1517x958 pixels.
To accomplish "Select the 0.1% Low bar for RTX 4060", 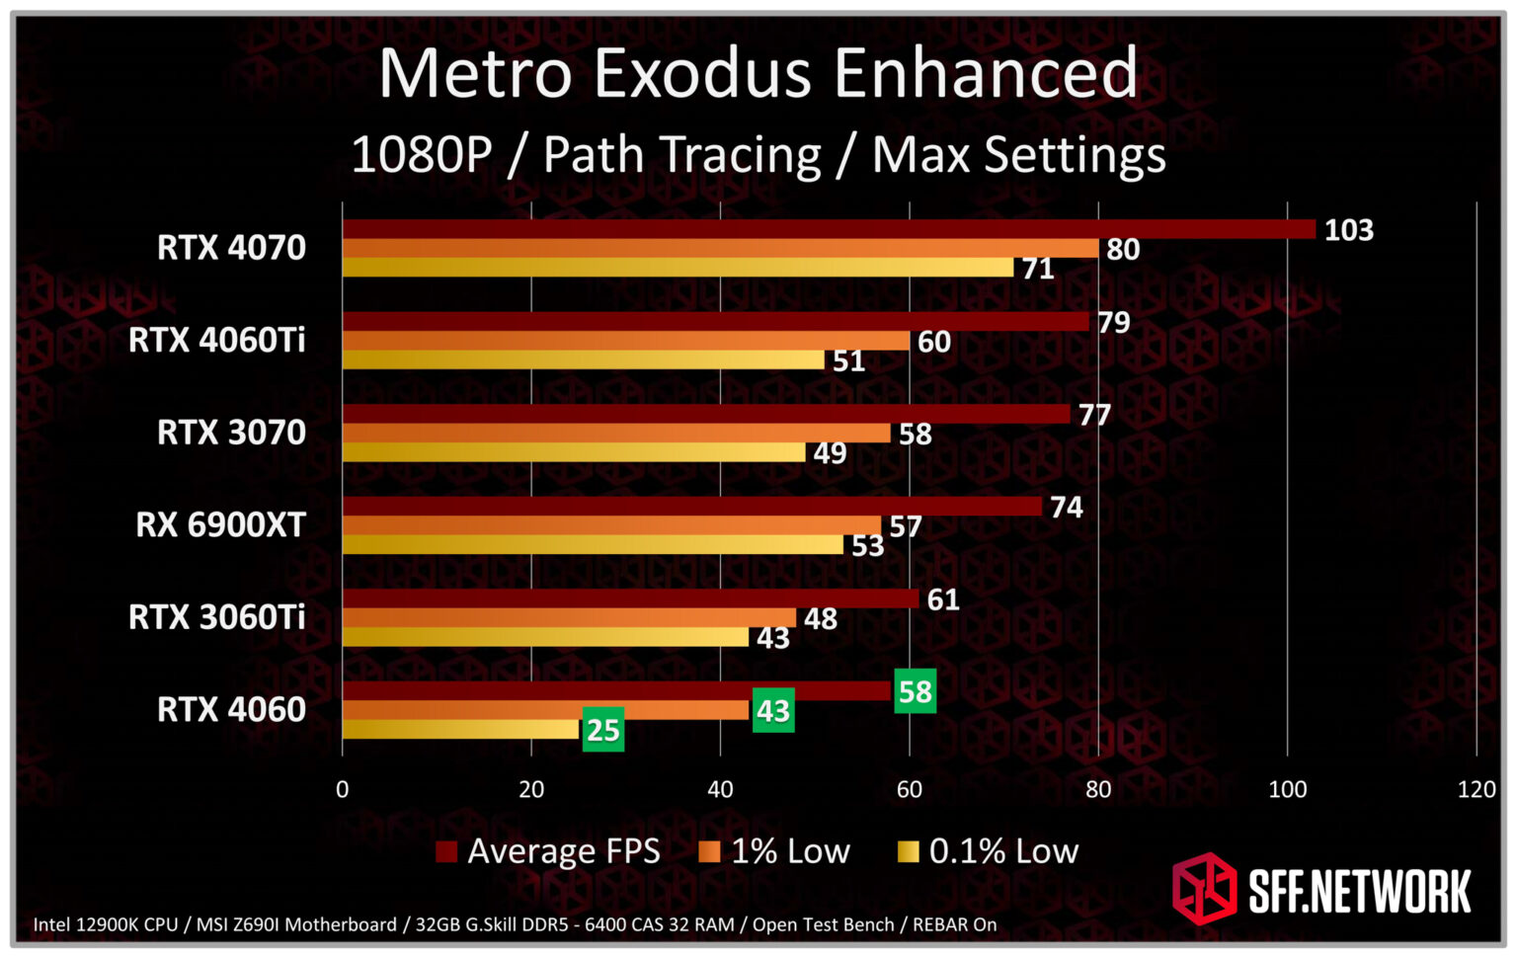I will [460, 730].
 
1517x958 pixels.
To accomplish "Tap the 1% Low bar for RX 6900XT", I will [611, 525].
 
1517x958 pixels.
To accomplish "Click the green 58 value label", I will [915, 691].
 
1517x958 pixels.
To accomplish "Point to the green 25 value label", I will [602, 730].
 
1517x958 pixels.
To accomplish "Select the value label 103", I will [1348, 230].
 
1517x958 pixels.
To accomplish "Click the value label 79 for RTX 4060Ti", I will [1113, 323].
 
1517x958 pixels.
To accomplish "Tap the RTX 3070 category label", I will [231, 433].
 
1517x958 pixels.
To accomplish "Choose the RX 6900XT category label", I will [220, 524].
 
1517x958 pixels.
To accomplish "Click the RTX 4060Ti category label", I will [216, 340].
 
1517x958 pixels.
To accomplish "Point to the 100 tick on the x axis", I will [1287, 789].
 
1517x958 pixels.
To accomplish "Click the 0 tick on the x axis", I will [342, 789].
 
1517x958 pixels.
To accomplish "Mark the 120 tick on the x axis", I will [1476, 789].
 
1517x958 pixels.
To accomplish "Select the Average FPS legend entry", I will [548, 851].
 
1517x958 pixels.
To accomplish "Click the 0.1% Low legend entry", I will [988, 851].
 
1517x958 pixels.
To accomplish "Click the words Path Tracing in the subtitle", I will [681, 156].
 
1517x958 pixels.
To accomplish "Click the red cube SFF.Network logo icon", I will [1204, 888].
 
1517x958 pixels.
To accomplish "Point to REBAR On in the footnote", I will [954, 925].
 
